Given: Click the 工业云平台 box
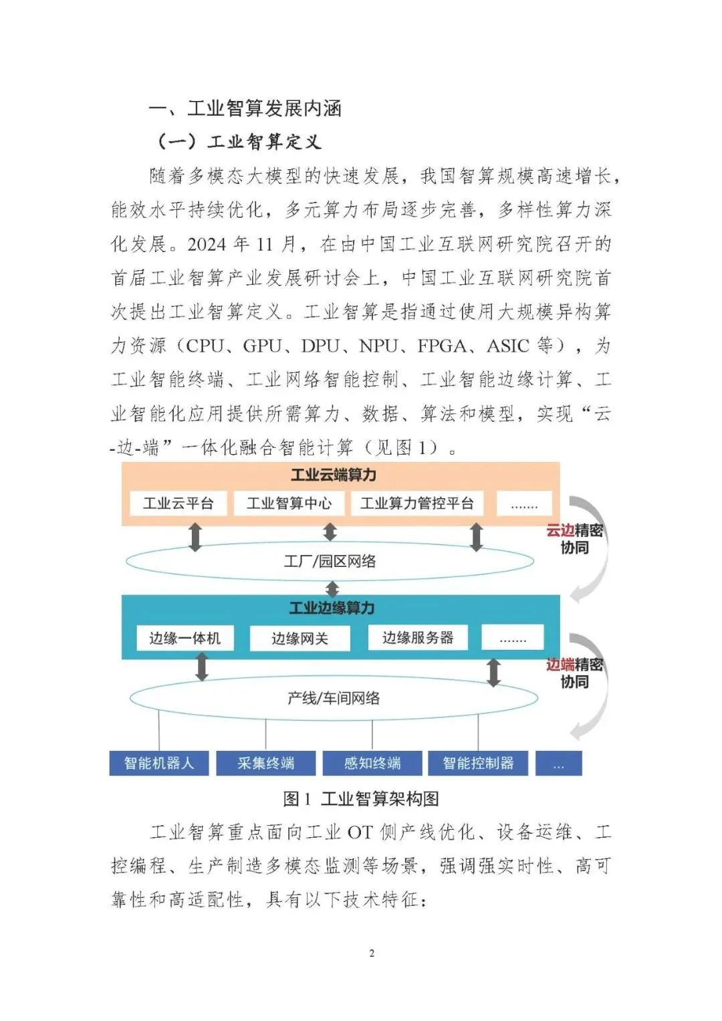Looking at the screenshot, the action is (178, 503).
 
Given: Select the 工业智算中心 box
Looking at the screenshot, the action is (289, 503).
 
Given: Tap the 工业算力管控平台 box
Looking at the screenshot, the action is (417, 503).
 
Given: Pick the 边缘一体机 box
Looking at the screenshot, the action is (185, 638).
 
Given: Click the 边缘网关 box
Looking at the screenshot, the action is (299, 639).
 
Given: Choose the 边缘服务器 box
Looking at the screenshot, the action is (418, 637).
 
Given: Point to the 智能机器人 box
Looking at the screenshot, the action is (159, 763).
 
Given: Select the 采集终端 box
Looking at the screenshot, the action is (265, 763).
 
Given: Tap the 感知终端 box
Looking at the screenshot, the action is (372, 763).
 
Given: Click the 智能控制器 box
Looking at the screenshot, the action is (478, 763).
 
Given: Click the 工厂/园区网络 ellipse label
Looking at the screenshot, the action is (330, 561).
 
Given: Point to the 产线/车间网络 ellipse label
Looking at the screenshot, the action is (334, 698).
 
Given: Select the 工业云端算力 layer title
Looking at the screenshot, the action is (334, 475).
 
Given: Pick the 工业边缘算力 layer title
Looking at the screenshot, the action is (332, 608).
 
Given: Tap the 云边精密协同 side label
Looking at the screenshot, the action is (575, 539).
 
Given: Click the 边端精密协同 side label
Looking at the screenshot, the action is (575, 673).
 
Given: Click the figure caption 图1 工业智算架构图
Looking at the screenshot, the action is (361, 798).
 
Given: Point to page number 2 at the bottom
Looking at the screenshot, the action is (372, 953).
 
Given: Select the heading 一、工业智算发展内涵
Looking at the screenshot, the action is (245, 108).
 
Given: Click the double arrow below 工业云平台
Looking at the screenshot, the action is (195, 537).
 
